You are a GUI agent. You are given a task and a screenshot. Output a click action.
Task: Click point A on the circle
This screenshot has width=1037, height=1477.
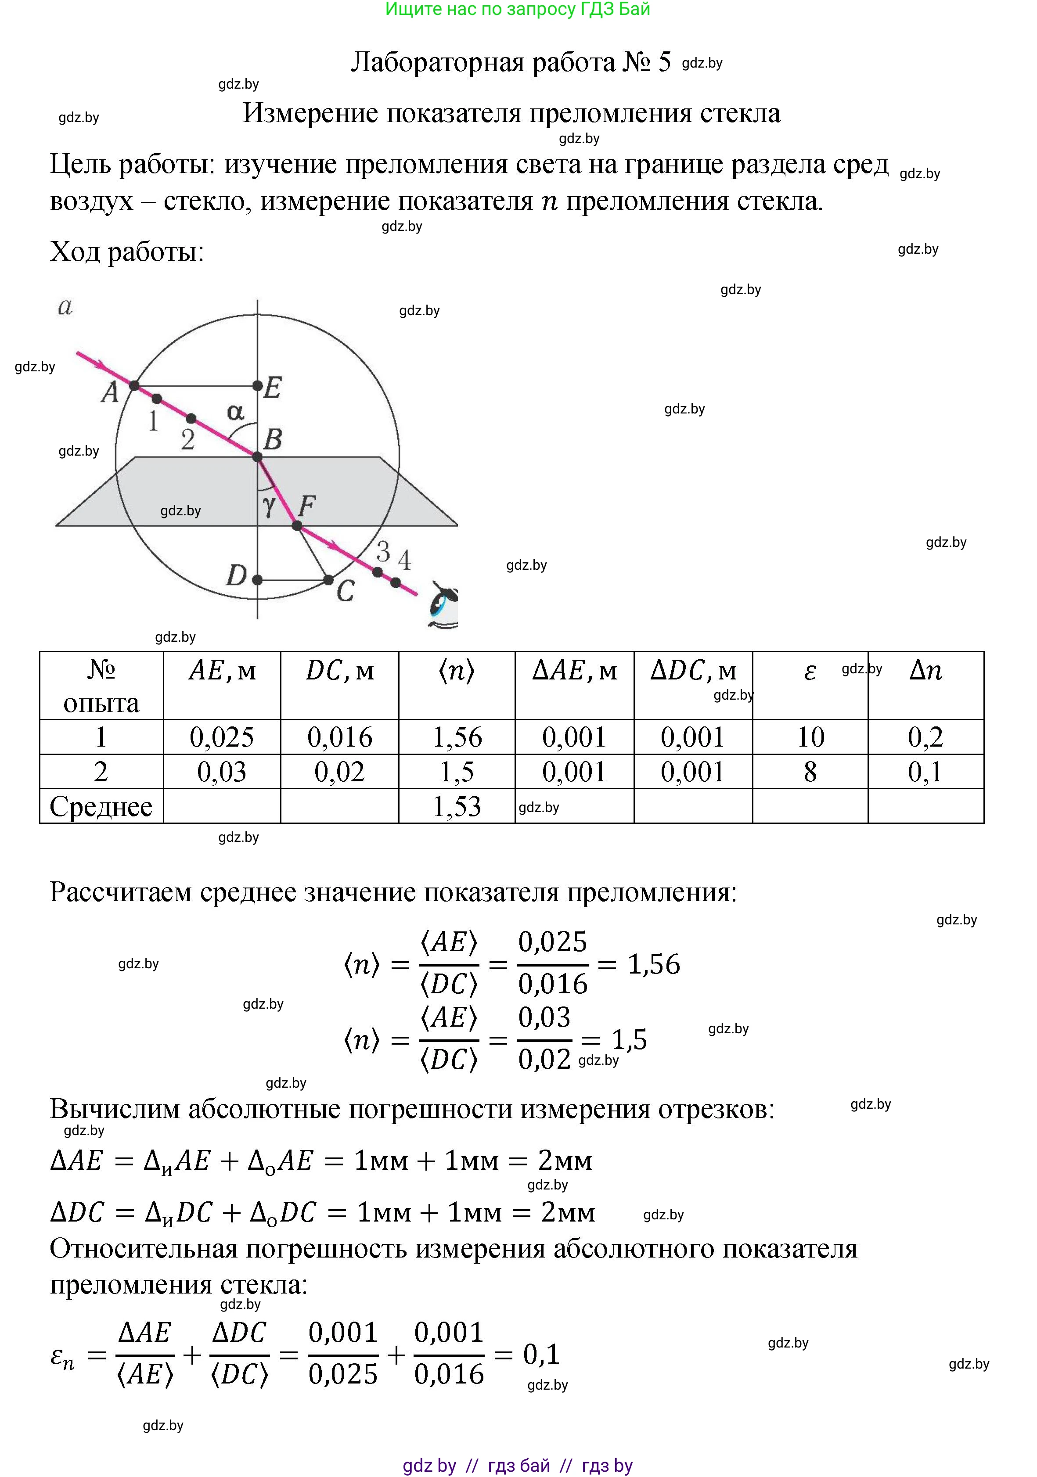(134, 385)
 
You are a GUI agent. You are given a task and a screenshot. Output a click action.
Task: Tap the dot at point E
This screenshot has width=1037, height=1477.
(257, 385)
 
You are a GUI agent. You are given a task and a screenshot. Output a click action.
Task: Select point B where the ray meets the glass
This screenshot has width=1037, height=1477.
(257, 457)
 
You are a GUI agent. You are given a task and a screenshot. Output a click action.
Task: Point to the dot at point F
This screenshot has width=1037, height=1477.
(296, 525)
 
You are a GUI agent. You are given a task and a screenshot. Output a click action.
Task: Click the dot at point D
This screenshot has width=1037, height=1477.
(257, 579)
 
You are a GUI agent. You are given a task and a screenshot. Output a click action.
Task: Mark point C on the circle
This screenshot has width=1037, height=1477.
(328, 579)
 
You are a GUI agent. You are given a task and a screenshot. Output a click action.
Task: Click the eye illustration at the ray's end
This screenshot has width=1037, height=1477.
(444, 605)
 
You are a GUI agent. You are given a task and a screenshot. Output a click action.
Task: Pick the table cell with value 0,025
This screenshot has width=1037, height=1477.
(222, 737)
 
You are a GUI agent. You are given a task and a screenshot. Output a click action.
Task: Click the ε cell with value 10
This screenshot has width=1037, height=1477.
(810, 737)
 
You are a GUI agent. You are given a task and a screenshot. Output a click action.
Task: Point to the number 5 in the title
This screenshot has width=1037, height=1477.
(664, 62)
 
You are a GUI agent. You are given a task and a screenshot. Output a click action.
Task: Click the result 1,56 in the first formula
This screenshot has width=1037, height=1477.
(654, 963)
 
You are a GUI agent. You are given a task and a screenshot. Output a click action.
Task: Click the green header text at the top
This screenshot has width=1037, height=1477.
(518, 9)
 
